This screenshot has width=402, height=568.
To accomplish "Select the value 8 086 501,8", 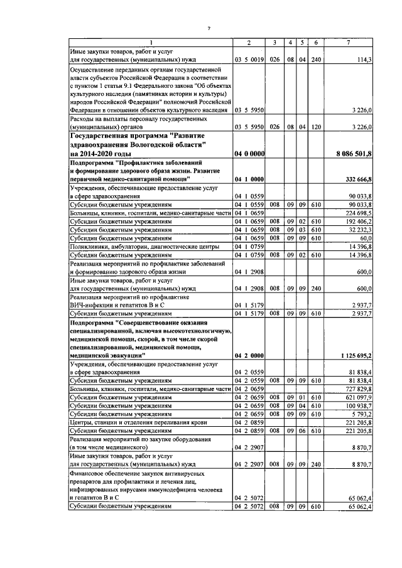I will point(354,153).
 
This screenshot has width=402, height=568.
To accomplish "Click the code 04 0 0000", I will point(249,153).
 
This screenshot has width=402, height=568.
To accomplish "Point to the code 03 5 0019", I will point(249,60).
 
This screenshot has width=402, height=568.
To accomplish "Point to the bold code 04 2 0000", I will point(249,355).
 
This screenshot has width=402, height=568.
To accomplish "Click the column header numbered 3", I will point(274,42).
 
